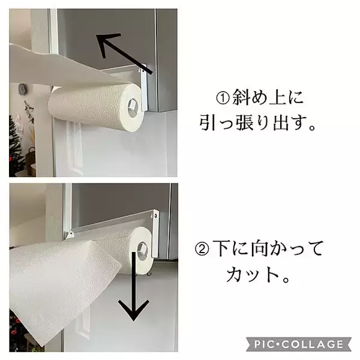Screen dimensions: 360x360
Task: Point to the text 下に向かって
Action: (x=266, y=248)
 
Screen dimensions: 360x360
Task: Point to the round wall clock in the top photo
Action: (x=22, y=89)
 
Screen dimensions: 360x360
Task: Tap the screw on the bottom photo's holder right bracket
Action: (x=155, y=214)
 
